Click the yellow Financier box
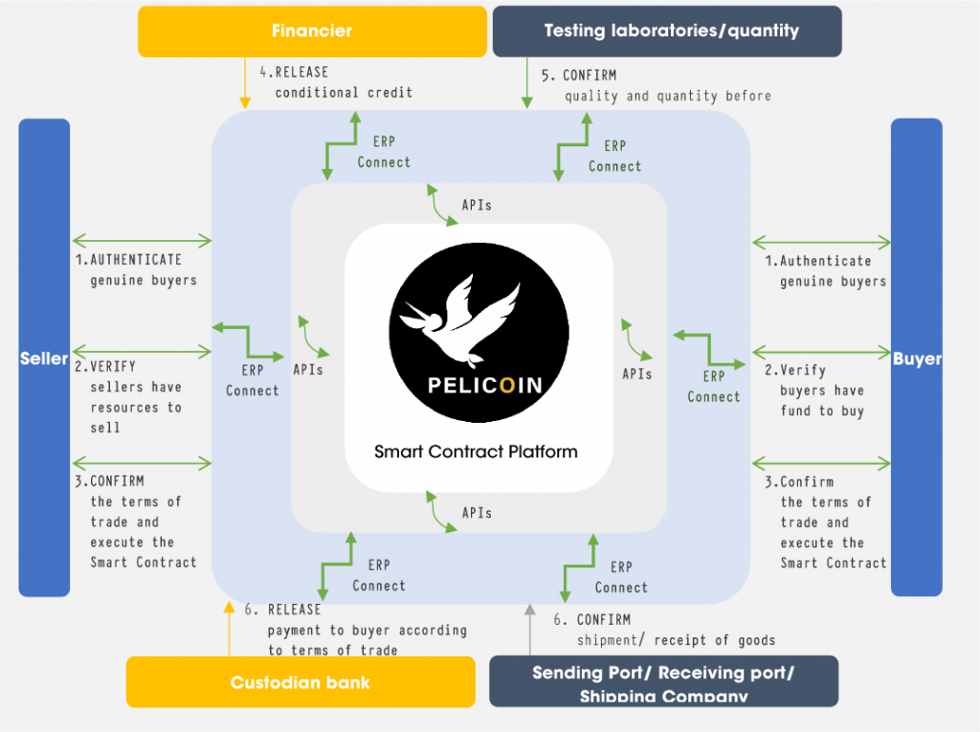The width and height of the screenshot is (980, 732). pyautogui.click(x=312, y=32)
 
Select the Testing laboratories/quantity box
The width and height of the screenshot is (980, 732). pyautogui.click(x=667, y=32)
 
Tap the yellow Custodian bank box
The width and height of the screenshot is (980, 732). pyautogui.click(x=301, y=681)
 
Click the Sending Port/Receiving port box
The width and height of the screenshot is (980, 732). pyautogui.click(x=663, y=681)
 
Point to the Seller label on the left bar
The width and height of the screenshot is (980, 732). pyautogui.click(x=44, y=358)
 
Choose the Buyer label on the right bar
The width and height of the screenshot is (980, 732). pyautogui.click(x=917, y=359)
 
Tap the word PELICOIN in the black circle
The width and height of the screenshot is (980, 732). pyautogui.click(x=485, y=386)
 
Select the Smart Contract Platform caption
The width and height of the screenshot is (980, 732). pyautogui.click(x=476, y=452)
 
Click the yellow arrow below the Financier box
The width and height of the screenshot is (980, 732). pyautogui.click(x=245, y=83)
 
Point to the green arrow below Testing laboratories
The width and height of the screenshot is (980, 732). pyautogui.click(x=527, y=83)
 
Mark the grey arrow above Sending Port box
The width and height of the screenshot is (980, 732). pyautogui.click(x=530, y=630)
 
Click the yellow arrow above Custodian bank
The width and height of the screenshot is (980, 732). pyautogui.click(x=230, y=629)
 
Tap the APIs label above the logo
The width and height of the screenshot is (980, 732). pyautogui.click(x=477, y=205)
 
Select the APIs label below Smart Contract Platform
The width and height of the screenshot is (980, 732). pyautogui.click(x=477, y=513)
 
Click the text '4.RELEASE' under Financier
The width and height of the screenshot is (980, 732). pyautogui.click(x=294, y=73)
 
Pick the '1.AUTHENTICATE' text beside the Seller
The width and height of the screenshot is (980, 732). pyautogui.click(x=128, y=259)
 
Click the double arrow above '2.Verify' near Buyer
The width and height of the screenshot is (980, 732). pyautogui.click(x=821, y=352)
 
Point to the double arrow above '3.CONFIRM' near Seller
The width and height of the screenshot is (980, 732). pyautogui.click(x=142, y=463)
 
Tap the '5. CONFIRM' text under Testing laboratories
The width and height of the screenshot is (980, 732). pyautogui.click(x=579, y=76)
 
